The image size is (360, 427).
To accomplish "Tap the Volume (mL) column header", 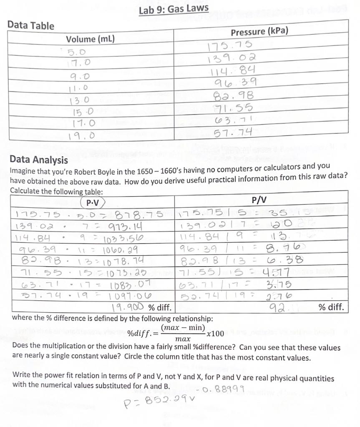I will pyautogui.click(x=91, y=39).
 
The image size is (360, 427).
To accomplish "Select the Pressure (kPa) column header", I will pyautogui.click(x=259, y=32).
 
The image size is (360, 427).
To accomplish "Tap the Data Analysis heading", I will pyautogui.click(x=38, y=160).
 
